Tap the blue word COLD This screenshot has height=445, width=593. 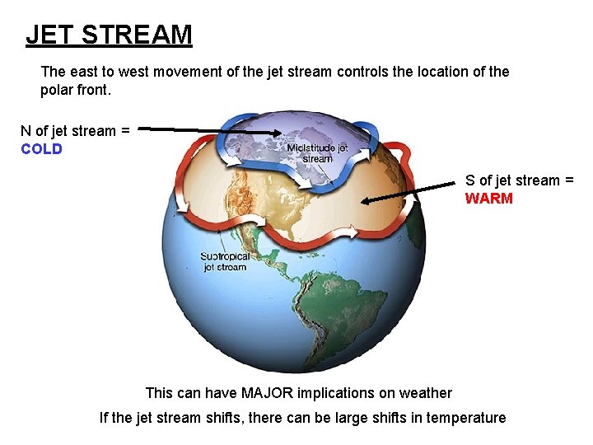pos(41,149)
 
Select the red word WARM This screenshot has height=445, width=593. pos(488,198)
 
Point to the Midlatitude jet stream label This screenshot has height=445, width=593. pos(317,153)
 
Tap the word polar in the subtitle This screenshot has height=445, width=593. pos(58,90)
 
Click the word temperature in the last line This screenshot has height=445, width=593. pos(464,418)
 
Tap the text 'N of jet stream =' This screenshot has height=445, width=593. pos(75,131)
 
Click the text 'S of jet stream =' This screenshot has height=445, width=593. pos(519,180)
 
